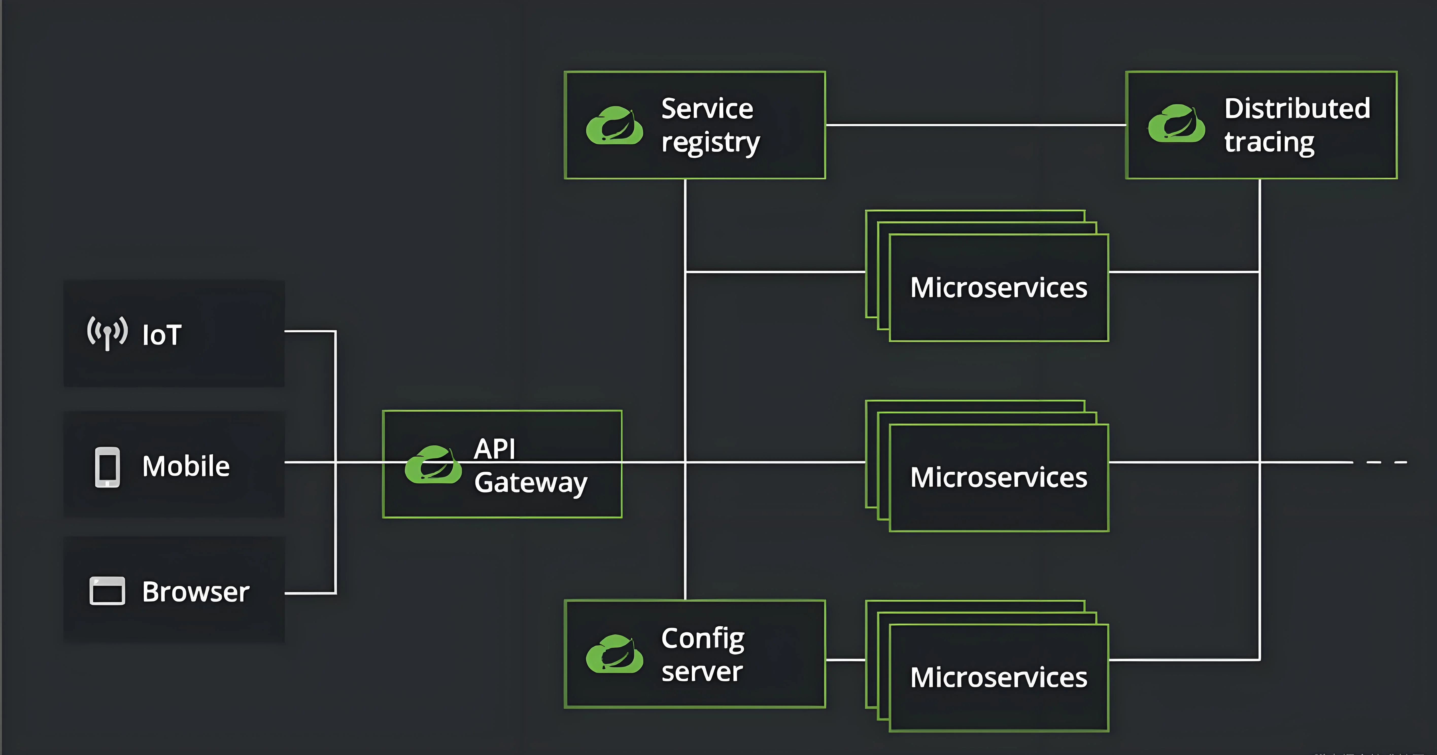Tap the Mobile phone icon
107,467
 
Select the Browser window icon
107,590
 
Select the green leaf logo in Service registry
614,125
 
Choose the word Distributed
1297,108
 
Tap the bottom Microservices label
999,677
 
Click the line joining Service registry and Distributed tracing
976,125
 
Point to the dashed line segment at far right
1387,462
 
